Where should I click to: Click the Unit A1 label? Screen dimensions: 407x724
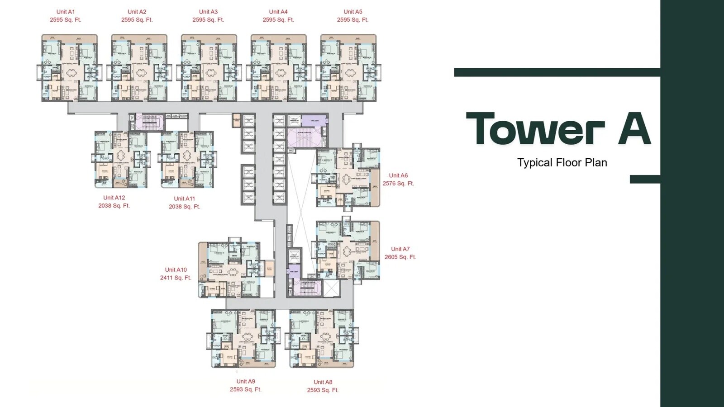[66, 12]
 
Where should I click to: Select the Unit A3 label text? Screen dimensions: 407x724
[208, 12]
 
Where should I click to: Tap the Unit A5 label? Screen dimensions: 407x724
[353, 12]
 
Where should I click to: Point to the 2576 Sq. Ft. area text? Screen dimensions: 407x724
[398, 184]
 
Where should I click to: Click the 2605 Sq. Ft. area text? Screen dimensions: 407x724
[400, 257]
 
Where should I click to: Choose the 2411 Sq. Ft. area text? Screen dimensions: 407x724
[176, 278]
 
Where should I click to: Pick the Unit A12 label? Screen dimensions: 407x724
[114, 198]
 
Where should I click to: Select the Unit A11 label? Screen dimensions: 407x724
[185, 199]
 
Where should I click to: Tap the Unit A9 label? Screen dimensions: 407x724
[246, 381]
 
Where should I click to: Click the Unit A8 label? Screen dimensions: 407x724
[323, 382]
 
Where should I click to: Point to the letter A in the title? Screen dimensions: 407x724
[634, 129]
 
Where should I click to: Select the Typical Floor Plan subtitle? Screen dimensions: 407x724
[562, 163]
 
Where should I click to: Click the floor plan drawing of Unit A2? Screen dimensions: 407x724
[139, 68]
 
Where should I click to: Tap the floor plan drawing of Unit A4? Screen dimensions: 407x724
[279, 68]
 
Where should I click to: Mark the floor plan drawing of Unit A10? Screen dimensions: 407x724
[231, 270]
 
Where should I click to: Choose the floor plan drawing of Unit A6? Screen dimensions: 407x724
[348, 178]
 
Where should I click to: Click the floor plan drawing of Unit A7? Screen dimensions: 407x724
[347, 251]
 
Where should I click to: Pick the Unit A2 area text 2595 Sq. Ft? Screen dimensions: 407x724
[137, 20]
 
